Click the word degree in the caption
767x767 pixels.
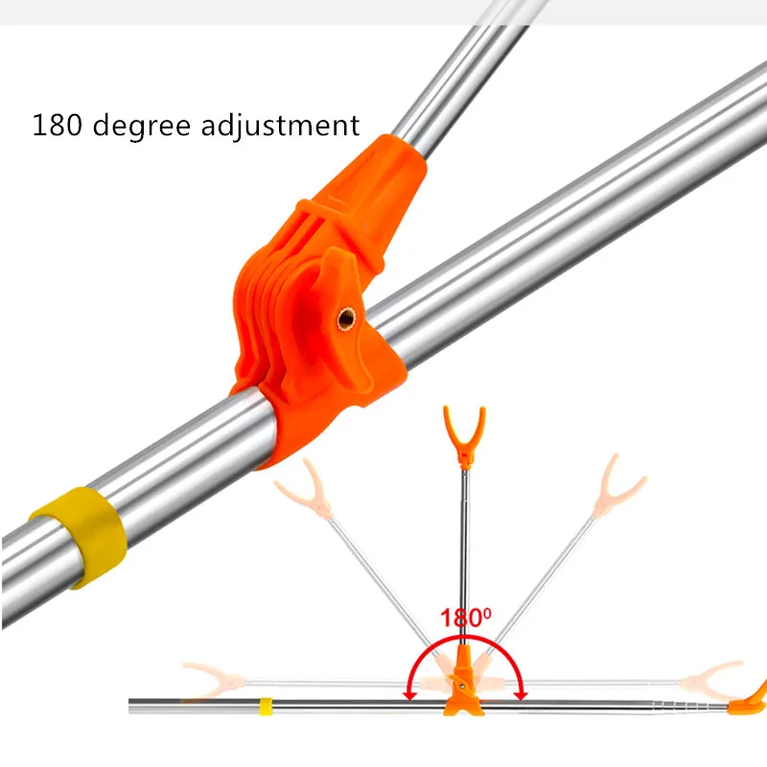(x=141, y=126)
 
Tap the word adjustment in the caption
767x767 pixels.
(x=280, y=125)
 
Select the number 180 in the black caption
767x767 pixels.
(x=57, y=125)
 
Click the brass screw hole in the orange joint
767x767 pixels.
(x=346, y=318)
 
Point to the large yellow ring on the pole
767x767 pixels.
(x=79, y=537)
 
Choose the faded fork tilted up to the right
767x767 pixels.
(x=617, y=487)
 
